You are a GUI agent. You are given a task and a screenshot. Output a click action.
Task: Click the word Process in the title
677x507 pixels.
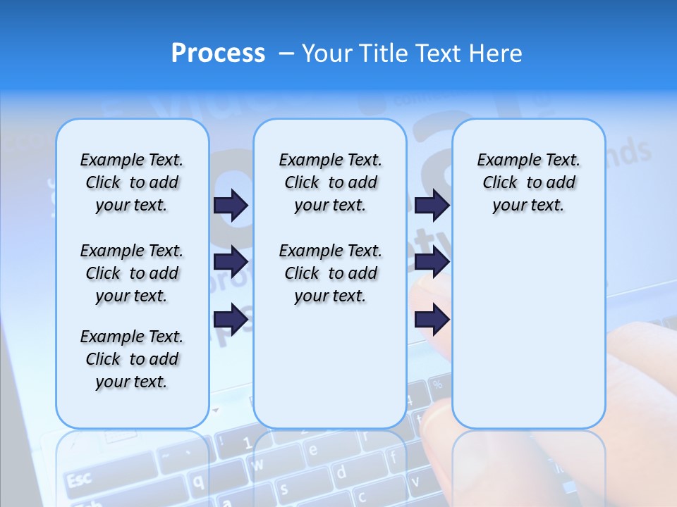(218, 54)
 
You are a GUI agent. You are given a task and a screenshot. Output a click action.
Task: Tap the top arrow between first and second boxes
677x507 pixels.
(231, 205)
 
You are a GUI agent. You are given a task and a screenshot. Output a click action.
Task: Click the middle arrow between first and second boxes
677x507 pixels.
(231, 262)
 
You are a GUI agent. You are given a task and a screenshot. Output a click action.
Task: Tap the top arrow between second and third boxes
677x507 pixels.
(432, 205)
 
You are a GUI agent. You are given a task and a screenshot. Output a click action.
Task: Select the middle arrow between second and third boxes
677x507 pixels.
(432, 262)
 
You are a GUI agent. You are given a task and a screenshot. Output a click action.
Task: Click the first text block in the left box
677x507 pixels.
(132, 182)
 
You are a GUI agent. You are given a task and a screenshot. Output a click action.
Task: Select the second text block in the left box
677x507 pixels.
(132, 273)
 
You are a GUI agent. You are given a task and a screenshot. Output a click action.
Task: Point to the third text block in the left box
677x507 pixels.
(132, 359)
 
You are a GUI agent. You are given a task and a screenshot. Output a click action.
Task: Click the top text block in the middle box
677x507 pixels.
(330, 182)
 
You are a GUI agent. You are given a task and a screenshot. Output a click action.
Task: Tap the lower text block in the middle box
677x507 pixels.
(330, 273)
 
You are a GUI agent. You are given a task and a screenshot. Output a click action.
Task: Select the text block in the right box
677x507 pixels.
(528, 182)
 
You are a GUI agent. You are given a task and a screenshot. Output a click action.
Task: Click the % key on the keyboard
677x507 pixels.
(437, 384)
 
